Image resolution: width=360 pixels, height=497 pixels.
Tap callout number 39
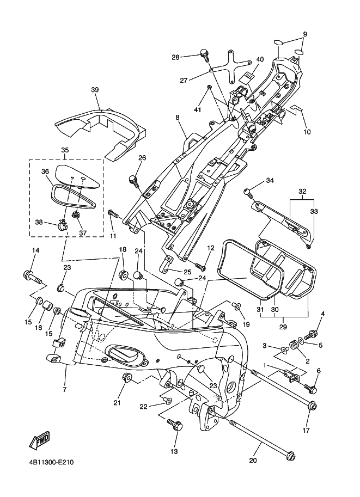coord(95,90)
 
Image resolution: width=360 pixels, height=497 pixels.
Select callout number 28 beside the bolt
coord(175,57)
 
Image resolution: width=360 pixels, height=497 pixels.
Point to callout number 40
coord(259,59)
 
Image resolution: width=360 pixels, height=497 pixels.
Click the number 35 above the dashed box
coord(65,150)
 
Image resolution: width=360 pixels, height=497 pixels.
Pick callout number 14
coord(35,250)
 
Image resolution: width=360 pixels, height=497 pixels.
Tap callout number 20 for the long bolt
coord(253,460)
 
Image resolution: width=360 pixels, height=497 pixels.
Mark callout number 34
coord(270,180)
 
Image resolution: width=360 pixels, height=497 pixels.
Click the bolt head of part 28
coord(205,53)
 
